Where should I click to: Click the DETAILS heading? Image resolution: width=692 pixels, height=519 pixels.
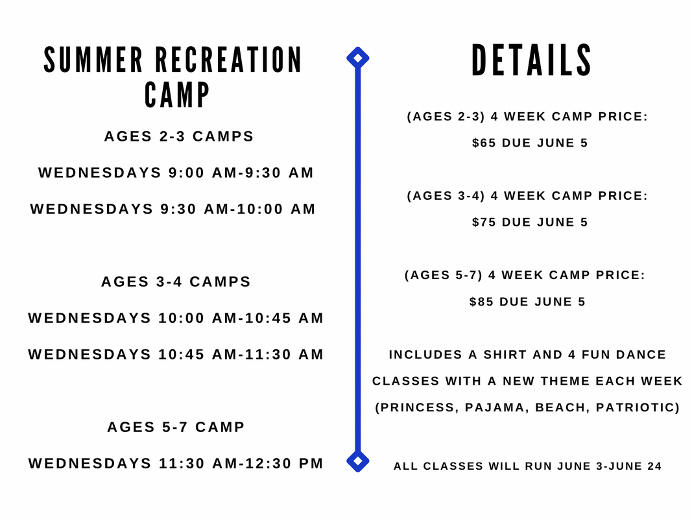531,60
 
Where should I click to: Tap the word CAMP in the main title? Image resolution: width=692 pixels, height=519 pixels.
177,95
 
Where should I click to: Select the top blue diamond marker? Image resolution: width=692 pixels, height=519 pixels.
358,58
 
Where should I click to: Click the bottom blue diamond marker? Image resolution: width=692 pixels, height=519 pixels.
358,461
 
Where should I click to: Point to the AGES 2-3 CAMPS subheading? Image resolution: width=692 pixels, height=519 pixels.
179,136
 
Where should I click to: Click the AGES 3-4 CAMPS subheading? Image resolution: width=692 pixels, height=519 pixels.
176,282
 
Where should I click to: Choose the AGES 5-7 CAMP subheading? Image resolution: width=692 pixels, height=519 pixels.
176,427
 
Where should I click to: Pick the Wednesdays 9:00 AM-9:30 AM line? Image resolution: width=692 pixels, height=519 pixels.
176,173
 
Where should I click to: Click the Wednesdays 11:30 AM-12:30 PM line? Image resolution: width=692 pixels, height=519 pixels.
176,463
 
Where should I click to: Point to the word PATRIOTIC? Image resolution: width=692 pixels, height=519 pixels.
635,407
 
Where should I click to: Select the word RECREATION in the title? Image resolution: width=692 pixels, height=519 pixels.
228,60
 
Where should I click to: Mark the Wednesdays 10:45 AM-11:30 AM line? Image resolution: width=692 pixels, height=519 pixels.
176,354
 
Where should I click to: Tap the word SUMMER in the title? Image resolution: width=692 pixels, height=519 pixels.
93,60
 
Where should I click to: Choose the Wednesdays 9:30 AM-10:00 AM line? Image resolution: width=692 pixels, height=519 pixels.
173,209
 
